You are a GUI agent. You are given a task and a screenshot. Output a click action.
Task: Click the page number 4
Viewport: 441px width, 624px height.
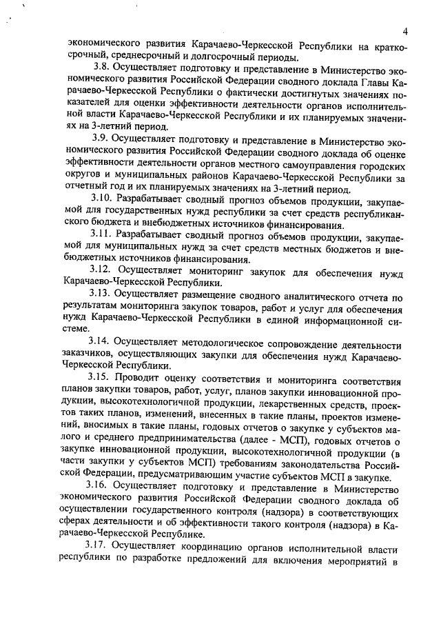click(x=407, y=30)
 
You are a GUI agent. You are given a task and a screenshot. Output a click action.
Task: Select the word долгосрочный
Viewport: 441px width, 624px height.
click(x=232, y=57)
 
